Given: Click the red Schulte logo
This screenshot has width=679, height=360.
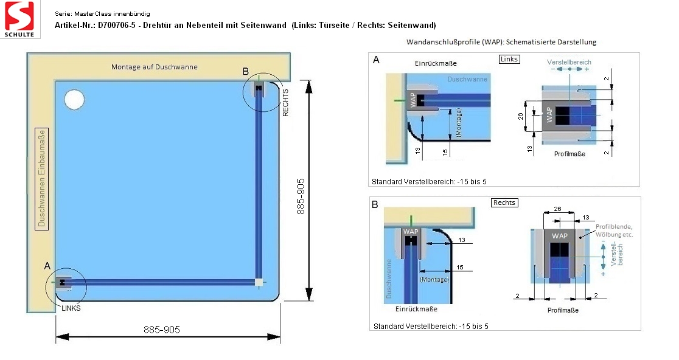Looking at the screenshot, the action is (x=19, y=19).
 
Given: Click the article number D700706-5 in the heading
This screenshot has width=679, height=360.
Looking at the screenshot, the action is (x=116, y=25).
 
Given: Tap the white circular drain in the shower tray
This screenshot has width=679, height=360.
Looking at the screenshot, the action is (x=74, y=100).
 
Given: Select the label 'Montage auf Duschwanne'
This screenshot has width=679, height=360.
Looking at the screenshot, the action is (x=154, y=67).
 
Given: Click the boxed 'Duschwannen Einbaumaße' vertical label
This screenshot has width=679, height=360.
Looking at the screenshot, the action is (x=41, y=179).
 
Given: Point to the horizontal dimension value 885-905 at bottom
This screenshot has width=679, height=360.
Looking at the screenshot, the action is (x=161, y=330).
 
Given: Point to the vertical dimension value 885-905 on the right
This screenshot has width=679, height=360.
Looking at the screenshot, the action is (x=301, y=196).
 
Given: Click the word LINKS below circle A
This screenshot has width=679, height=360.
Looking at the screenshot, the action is (x=71, y=308).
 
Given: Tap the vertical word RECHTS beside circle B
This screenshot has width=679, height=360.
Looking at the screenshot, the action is (x=285, y=103).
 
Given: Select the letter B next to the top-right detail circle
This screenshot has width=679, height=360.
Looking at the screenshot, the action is (x=246, y=71).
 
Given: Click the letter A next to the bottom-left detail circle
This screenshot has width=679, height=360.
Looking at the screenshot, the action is (x=47, y=266).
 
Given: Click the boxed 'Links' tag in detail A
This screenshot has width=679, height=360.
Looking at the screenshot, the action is (x=509, y=59).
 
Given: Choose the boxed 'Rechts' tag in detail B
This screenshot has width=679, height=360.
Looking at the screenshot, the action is (x=504, y=202).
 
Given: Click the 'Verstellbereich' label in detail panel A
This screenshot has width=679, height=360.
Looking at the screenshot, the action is (x=569, y=62).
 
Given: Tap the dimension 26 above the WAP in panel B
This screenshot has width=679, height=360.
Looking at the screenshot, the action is (x=558, y=209).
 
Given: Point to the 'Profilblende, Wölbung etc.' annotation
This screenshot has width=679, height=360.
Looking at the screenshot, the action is (x=614, y=230).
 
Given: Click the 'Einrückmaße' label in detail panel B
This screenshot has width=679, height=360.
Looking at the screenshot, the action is (x=416, y=309).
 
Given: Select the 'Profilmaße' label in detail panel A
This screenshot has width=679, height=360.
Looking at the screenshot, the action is (x=569, y=154).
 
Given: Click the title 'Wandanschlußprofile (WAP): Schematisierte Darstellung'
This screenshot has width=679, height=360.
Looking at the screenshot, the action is (x=501, y=42).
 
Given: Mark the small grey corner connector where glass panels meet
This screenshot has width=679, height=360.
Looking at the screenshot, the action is (x=259, y=283).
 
